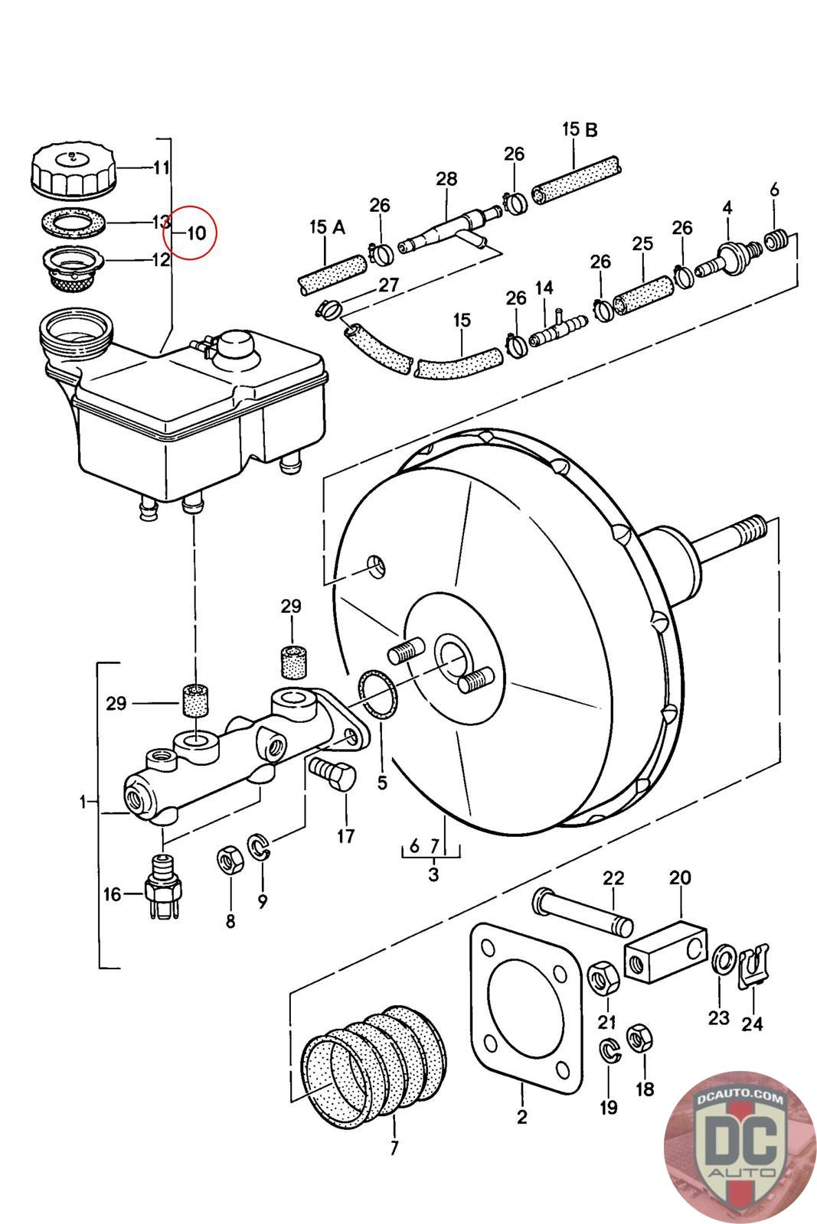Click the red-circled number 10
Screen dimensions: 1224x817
point(197,232)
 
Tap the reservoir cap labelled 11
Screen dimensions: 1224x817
point(73,169)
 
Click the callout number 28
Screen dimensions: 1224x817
point(446,179)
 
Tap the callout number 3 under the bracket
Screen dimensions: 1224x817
point(433,874)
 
